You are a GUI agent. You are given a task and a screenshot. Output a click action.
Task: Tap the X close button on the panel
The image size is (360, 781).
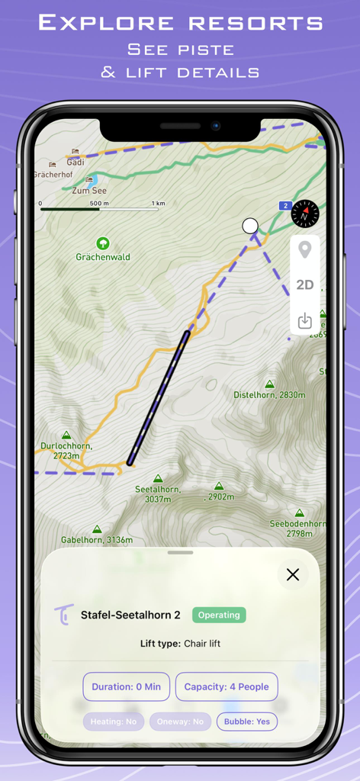click(293, 575)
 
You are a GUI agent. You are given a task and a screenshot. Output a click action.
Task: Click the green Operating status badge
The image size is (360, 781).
click(219, 615)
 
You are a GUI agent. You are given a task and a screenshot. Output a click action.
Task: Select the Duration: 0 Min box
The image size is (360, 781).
click(126, 686)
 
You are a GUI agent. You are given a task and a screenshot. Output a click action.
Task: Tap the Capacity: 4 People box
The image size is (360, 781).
click(227, 686)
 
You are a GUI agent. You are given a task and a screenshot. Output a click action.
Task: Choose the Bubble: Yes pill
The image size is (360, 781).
click(247, 722)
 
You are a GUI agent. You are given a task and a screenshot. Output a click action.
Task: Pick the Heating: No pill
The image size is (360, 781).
click(114, 722)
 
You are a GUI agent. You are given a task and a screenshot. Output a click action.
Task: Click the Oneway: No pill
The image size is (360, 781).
click(180, 722)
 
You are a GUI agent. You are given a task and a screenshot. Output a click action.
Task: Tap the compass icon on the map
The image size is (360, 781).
click(305, 214)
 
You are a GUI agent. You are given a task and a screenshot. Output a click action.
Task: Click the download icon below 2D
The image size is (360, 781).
click(305, 320)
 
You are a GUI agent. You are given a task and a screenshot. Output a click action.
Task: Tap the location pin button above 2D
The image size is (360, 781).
click(305, 250)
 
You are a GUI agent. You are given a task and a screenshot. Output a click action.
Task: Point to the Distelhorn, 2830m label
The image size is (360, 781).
click(269, 395)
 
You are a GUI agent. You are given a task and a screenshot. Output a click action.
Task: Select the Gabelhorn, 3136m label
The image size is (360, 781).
click(97, 540)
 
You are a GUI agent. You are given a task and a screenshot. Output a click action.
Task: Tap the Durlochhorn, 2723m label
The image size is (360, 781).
click(66, 450)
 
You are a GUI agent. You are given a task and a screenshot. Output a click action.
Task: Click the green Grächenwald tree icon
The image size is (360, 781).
click(103, 244)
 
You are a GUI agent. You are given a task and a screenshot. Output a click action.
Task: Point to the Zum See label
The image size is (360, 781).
click(90, 191)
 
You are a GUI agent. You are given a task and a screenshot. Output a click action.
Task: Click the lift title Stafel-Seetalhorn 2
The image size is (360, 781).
click(130, 615)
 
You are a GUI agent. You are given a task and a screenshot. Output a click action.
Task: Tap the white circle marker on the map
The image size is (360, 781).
click(250, 226)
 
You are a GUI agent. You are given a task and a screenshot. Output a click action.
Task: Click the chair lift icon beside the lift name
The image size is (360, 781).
click(65, 614)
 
